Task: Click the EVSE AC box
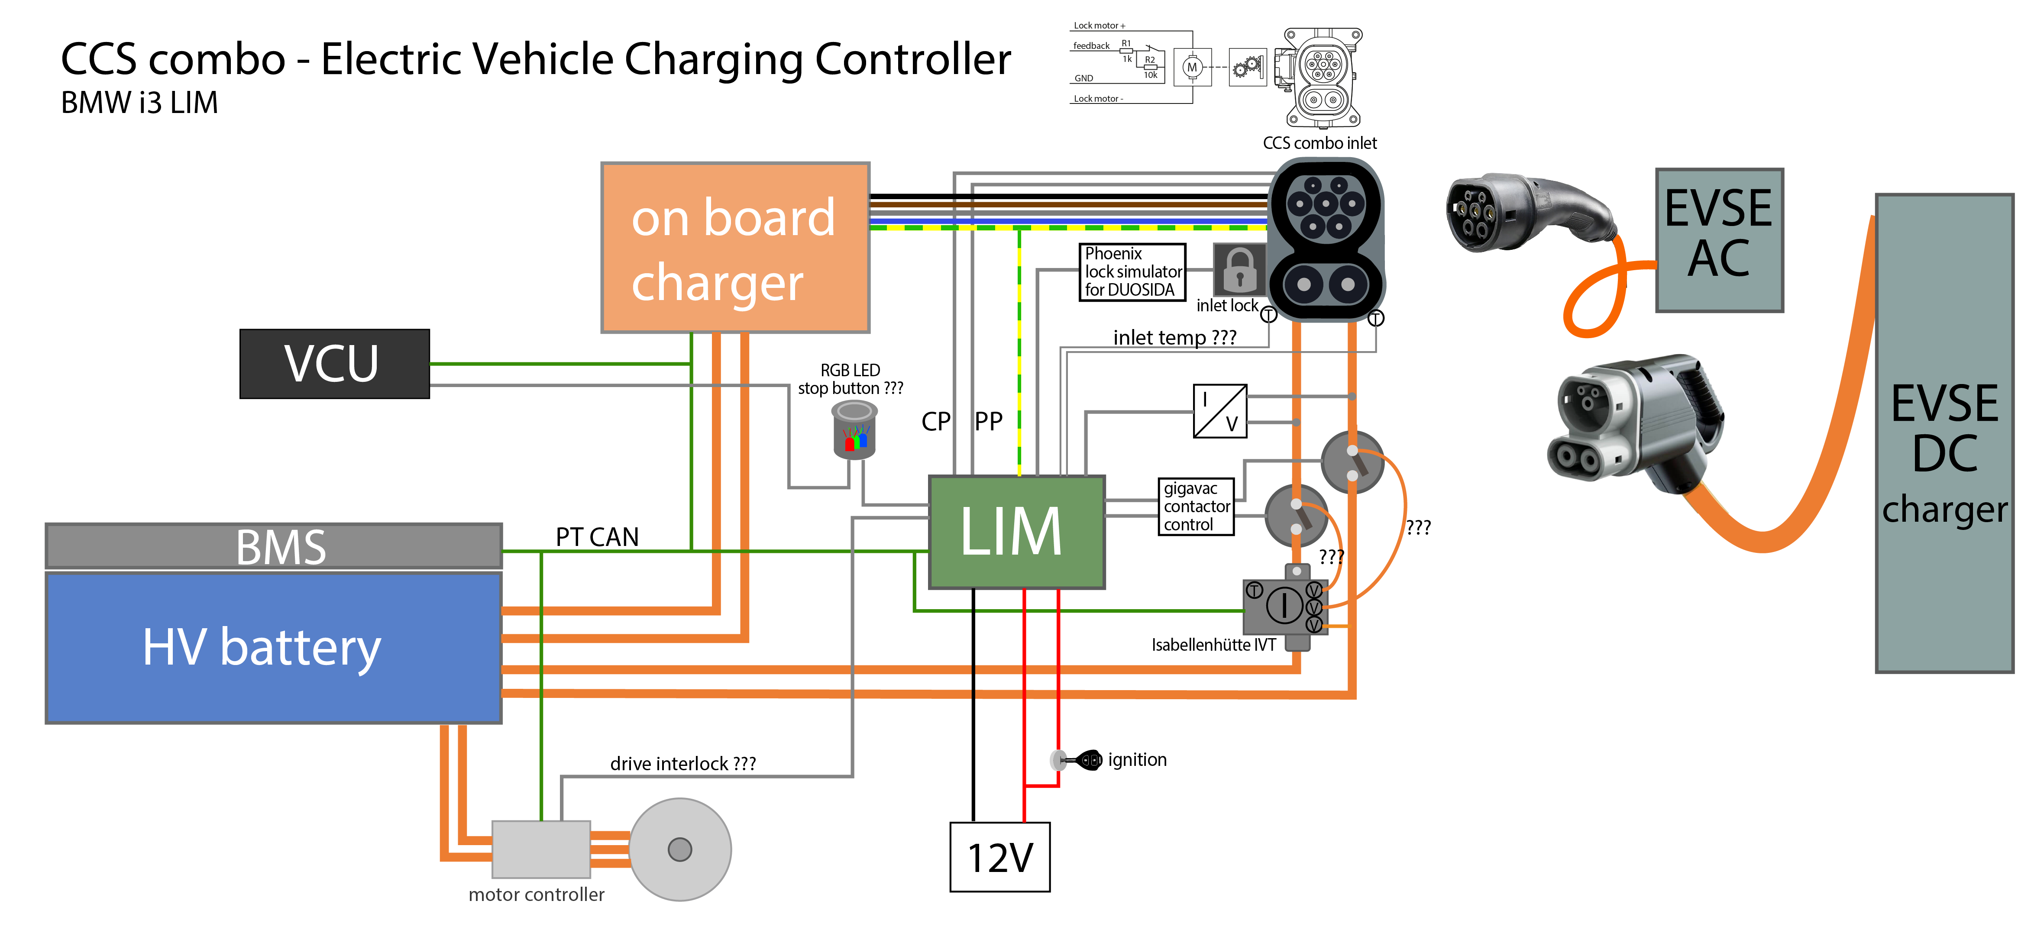click(1719, 240)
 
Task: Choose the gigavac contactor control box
click(1195, 507)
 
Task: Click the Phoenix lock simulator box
click(1132, 272)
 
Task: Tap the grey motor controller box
click(541, 849)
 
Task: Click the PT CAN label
click(597, 537)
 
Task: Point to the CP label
click(936, 422)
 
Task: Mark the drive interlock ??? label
click(683, 763)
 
